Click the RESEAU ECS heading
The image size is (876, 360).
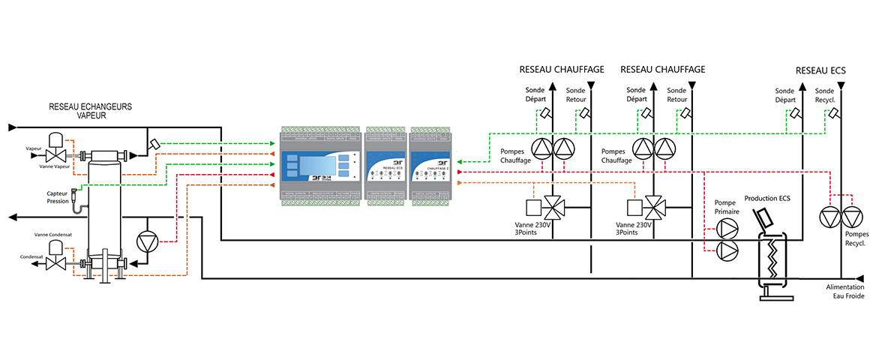pyautogui.click(x=820, y=70)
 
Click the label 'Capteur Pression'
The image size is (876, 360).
pyautogui.click(x=58, y=197)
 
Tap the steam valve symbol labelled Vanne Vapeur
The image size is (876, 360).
pyautogui.click(x=54, y=155)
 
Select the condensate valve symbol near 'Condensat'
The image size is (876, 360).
pyautogui.click(x=54, y=264)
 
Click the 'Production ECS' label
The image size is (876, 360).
pyautogui.click(x=769, y=199)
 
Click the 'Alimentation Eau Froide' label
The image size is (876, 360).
pyautogui.click(x=844, y=292)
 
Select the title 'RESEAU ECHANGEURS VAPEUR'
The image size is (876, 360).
pyautogui.click(x=90, y=112)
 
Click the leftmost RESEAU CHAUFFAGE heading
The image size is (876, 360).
pyautogui.click(x=562, y=69)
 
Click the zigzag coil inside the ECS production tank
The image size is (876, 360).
pyautogui.click(x=772, y=259)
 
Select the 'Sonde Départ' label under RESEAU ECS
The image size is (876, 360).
pyautogui.click(x=784, y=94)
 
